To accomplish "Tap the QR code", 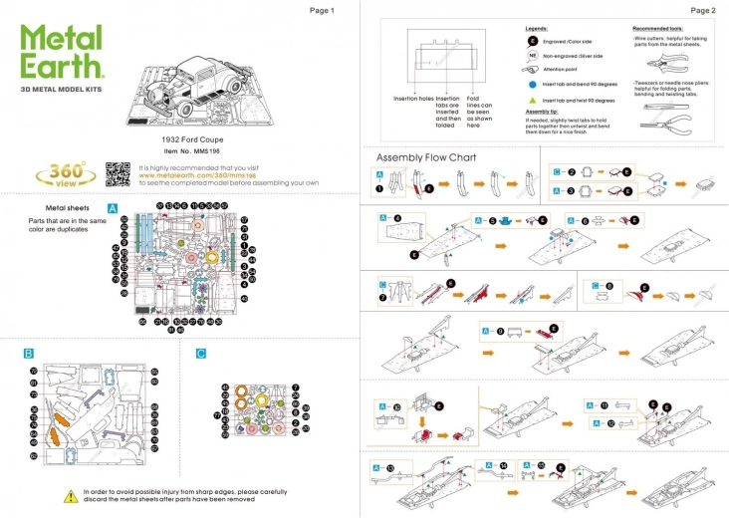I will (119, 174).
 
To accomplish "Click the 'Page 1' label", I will (322, 10).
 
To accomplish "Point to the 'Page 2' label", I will (703, 10).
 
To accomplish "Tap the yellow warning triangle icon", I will (70, 494).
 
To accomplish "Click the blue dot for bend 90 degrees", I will (532, 86).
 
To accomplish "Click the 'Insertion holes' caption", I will (413, 99).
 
